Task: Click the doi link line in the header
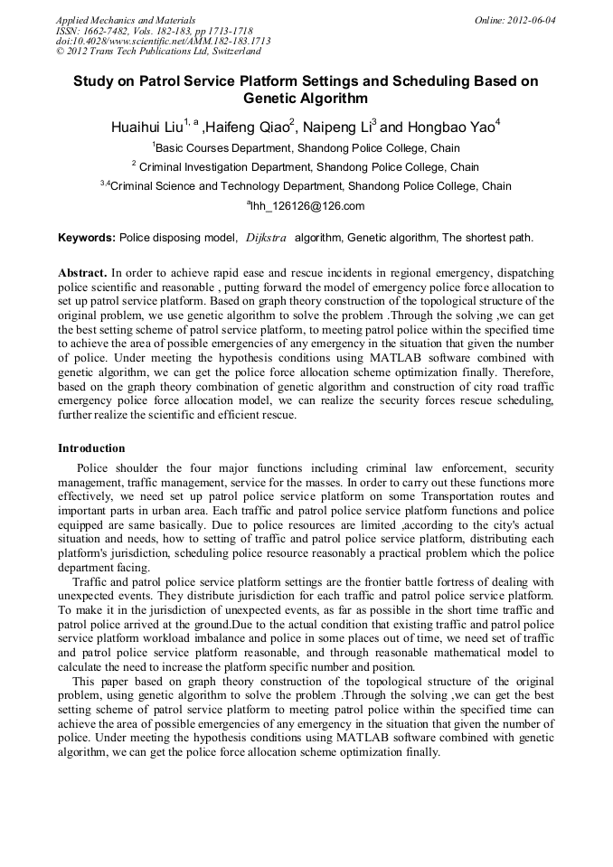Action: coord(163,41)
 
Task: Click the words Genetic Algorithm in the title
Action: coord(306,99)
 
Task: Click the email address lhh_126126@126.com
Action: coord(307,206)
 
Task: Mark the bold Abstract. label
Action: coord(82,272)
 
